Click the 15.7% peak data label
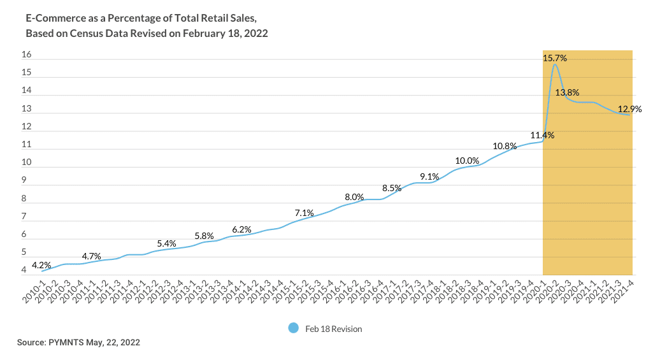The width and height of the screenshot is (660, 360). [555, 58]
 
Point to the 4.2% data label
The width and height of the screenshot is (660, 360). [41, 265]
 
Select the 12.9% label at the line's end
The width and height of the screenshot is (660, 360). [629, 109]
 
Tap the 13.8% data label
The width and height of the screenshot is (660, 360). [567, 92]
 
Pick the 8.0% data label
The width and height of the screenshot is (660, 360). [354, 197]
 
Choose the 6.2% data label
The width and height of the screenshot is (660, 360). [241, 229]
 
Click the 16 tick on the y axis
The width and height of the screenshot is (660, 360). [27, 55]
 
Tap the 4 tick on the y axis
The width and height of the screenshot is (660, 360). [24, 271]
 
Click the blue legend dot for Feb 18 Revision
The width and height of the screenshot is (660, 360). [293, 328]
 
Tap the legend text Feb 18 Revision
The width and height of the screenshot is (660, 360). [333, 329]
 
